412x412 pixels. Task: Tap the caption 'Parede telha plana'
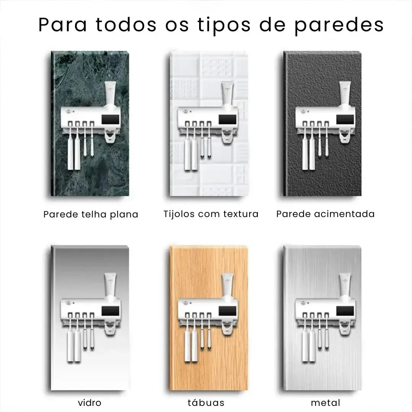coord(91,214)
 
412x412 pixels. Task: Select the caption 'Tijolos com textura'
coord(211,214)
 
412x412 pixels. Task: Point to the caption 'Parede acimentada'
coord(325,214)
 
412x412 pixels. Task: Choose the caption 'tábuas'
coord(206,402)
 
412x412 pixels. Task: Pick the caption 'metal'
coord(325,402)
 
